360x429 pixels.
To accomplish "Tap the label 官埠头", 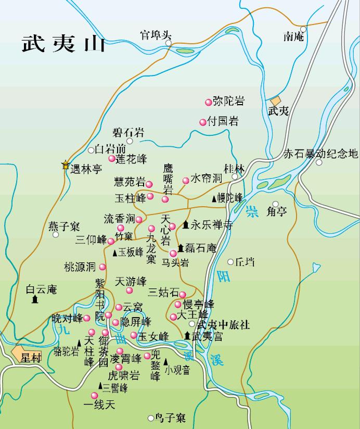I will click(x=155, y=35).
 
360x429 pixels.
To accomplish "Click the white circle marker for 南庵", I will click(x=303, y=29).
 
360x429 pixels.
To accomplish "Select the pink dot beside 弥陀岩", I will click(x=209, y=102).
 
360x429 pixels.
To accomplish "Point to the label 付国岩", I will click(x=223, y=122).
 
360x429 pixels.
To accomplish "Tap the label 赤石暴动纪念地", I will click(x=320, y=154).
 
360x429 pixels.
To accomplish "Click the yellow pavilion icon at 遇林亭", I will click(x=66, y=166).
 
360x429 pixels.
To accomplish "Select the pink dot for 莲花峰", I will click(x=111, y=159).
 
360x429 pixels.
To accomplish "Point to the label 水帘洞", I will click(x=207, y=179).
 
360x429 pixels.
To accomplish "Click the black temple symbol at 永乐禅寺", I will click(x=186, y=225).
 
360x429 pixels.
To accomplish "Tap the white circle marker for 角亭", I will click(x=276, y=204).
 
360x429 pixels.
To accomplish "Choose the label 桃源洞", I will click(x=80, y=267).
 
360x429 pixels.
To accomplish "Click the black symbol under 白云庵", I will click(x=35, y=299).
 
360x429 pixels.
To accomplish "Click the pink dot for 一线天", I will click(x=95, y=396).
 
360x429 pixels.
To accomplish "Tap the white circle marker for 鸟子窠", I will click(x=151, y=418).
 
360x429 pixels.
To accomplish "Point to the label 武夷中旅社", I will click(x=224, y=325).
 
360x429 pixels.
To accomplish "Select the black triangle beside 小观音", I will click(x=166, y=361).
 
